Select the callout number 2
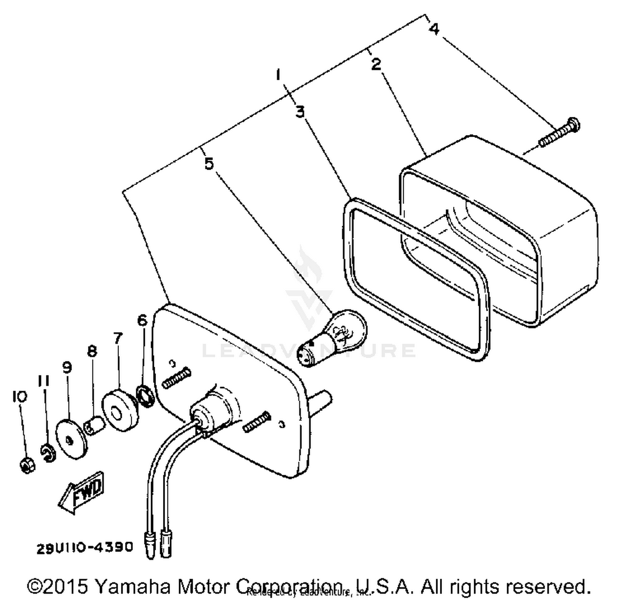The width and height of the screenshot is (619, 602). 376,64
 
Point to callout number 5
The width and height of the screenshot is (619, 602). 209,164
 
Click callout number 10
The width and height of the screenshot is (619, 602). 19,396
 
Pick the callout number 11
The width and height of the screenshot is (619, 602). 44,381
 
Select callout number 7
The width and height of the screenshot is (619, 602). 118,338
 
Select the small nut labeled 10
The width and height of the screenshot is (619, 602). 27,466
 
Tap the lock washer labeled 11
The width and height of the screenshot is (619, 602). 48,451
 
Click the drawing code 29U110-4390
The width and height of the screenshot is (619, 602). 85,547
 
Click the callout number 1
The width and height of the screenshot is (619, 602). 278,75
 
